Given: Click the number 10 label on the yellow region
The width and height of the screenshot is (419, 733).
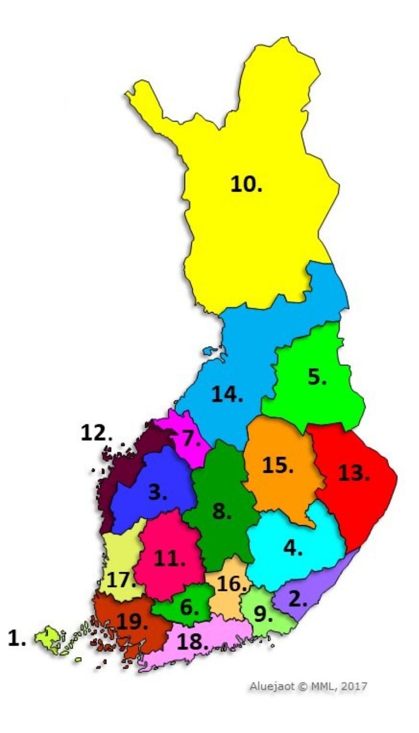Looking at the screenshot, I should (247, 184).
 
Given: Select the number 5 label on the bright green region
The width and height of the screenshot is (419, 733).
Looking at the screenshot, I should (317, 376).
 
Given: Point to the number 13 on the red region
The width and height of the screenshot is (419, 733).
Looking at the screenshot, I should (354, 473).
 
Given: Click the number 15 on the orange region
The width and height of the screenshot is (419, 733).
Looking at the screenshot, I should (278, 466).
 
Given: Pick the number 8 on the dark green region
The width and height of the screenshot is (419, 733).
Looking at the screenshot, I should (222, 512).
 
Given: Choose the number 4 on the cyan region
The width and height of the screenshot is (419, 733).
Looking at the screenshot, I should (293, 548).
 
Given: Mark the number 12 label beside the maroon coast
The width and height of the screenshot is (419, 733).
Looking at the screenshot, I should (96, 432).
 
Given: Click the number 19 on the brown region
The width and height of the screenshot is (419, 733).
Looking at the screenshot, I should (133, 621).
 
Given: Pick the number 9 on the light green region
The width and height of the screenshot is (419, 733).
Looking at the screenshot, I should (263, 614).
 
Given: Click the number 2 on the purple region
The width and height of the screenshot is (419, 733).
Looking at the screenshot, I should (298, 599).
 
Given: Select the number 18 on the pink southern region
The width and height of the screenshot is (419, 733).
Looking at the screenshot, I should (192, 642).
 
